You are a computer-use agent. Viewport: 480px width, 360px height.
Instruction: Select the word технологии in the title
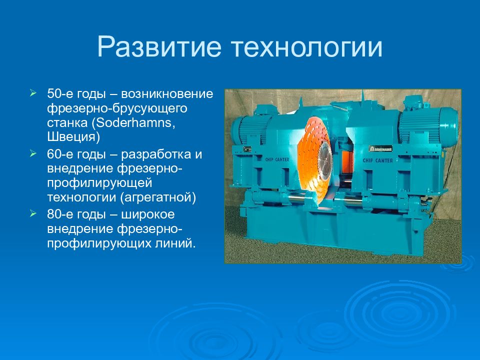(x=307, y=47)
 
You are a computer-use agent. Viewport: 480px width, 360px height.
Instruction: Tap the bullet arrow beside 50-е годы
(x=33, y=93)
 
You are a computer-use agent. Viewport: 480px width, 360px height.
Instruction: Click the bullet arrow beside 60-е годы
(x=33, y=153)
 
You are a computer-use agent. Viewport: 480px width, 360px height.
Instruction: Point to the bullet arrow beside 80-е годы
(x=33, y=213)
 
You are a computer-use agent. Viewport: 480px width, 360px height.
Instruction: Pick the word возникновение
(x=167, y=93)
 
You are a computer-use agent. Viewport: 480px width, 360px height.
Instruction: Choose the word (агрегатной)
(x=158, y=197)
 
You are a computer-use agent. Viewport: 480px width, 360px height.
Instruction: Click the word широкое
(x=148, y=214)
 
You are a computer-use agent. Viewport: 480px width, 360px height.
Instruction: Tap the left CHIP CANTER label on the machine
(x=277, y=159)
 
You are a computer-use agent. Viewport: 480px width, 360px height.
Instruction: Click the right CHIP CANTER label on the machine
(x=378, y=160)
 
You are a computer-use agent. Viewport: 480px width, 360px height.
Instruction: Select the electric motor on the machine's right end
(x=428, y=124)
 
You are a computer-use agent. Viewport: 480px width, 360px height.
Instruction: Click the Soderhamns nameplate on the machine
(x=380, y=149)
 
